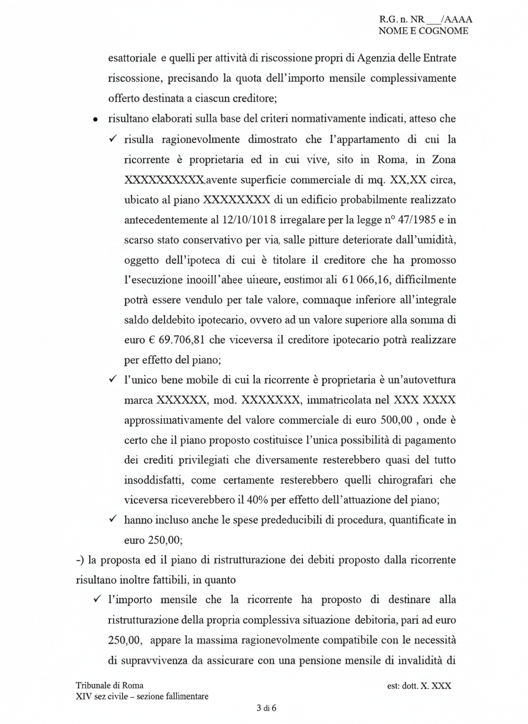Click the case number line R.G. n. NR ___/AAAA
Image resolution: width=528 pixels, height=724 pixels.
coord(425,20)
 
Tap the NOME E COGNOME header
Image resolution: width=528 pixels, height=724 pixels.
coord(424,31)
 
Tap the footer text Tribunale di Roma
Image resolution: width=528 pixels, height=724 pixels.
coord(110,686)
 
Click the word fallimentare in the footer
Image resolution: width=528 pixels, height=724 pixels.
coord(183,696)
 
